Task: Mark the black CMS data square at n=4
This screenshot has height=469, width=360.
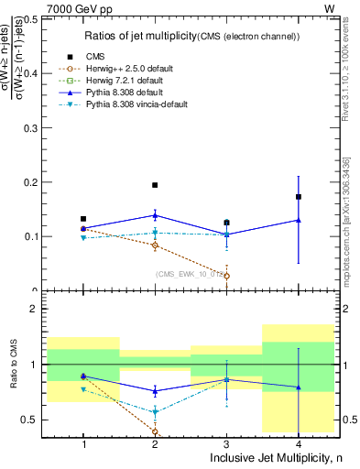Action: (299, 196)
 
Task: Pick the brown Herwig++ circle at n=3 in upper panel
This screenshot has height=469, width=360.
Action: (227, 276)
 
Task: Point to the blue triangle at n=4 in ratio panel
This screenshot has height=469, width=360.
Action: (299, 387)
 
